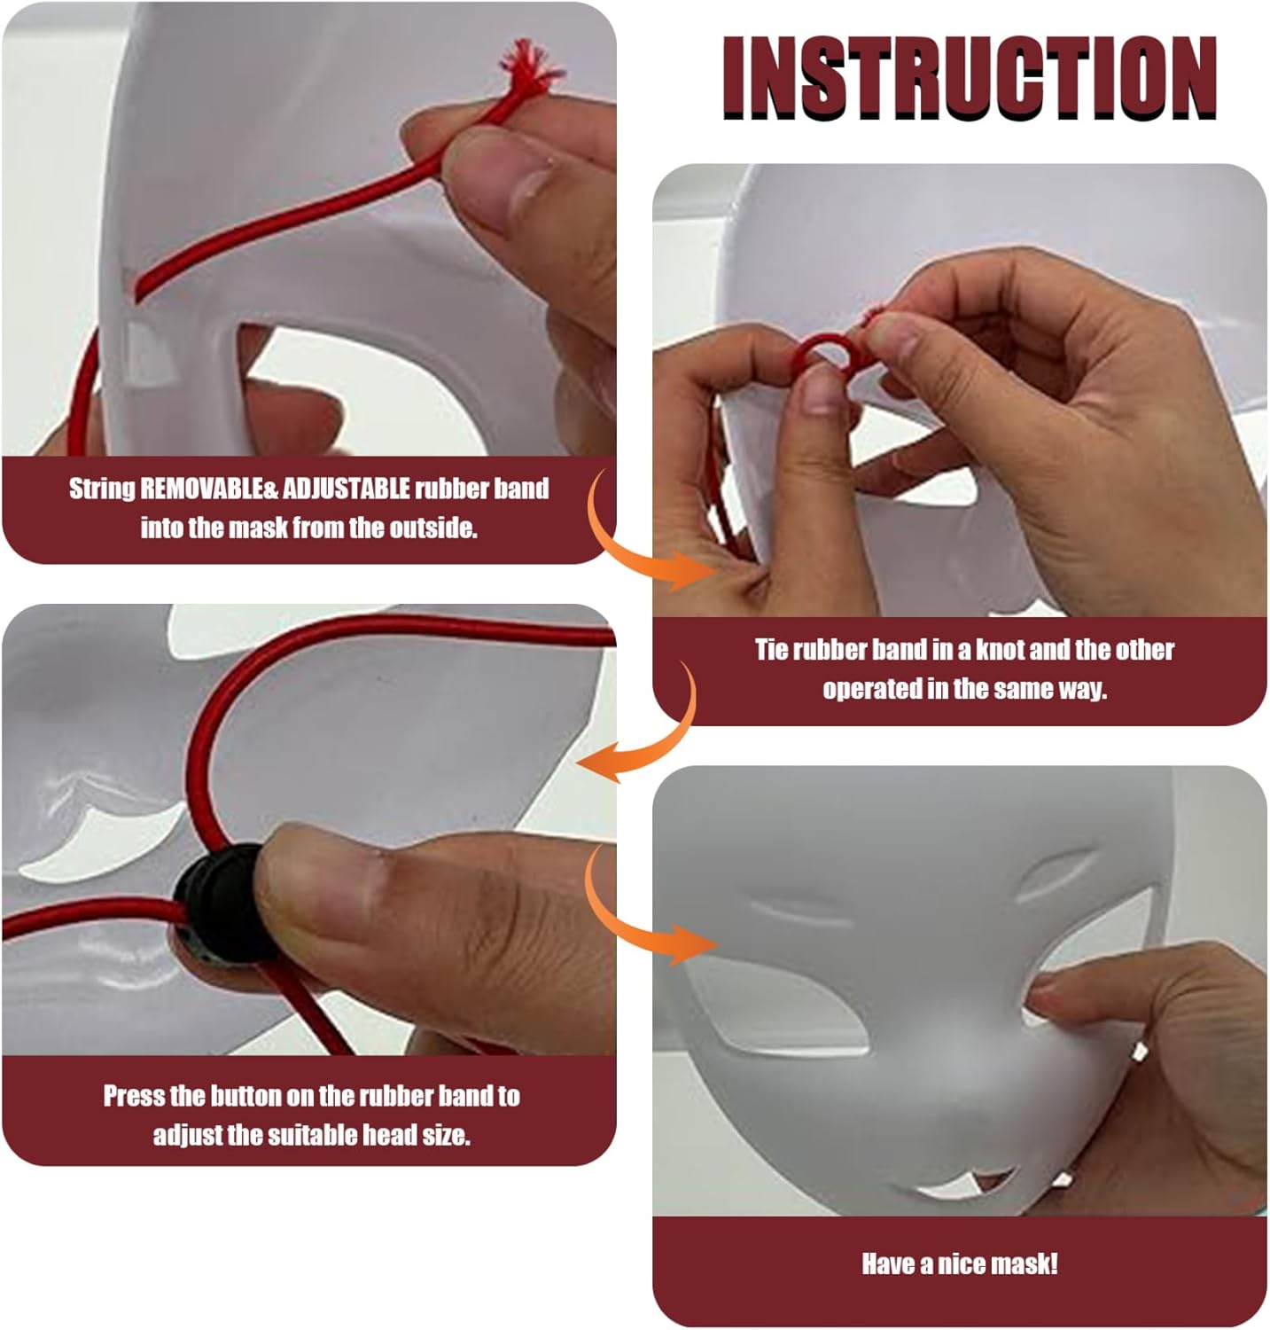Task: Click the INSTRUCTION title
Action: coord(969,78)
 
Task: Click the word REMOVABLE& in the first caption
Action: coord(208,488)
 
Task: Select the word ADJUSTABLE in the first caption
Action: coord(347,488)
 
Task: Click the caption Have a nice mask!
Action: coord(960,1263)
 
